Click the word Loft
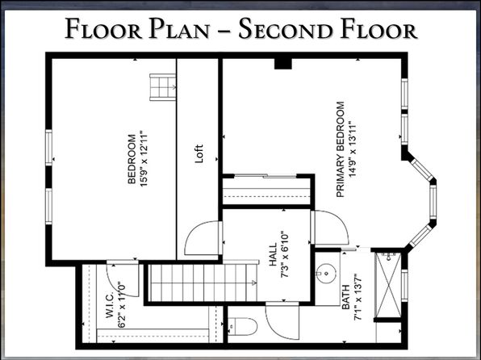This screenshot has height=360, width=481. (199, 153)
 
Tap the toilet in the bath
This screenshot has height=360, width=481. (242, 327)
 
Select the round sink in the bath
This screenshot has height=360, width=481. (326, 273)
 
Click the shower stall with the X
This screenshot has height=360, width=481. (389, 285)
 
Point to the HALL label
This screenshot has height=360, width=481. (273, 254)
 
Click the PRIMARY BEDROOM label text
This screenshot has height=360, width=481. (341, 149)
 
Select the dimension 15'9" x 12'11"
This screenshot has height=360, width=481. (144, 159)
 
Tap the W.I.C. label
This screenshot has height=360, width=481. (110, 305)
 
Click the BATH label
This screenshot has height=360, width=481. (345, 297)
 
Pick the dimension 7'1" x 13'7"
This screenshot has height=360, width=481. (358, 297)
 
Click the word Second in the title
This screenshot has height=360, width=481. (285, 29)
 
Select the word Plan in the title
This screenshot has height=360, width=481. (179, 29)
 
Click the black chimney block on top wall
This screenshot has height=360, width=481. (282, 63)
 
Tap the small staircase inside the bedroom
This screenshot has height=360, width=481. (162, 87)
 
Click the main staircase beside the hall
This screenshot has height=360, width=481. (203, 283)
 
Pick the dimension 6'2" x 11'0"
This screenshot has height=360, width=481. (122, 305)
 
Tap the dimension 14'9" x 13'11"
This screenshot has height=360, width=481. (353, 149)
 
